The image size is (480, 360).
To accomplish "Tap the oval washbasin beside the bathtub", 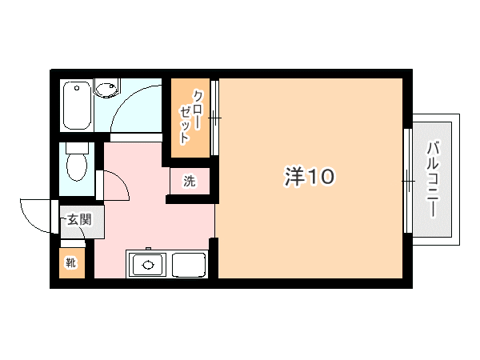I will (x=106, y=89).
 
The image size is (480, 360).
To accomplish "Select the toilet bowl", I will (x=77, y=168).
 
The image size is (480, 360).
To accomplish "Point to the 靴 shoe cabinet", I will (x=70, y=262).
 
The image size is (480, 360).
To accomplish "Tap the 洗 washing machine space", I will (x=190, y=181).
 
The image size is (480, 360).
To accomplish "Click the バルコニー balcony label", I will (x=432, y=179).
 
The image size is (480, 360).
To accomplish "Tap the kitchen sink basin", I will (x=147, y=263).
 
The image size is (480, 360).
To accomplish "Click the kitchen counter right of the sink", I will (x=190, y=264).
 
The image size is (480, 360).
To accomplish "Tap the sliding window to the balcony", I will (x=407, y=181).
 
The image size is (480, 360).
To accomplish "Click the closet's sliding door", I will (x=214, y=118).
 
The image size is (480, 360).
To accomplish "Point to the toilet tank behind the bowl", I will (x=77, y=150).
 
